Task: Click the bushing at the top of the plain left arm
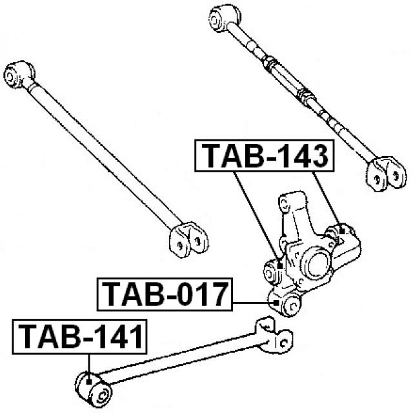[19, 75]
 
